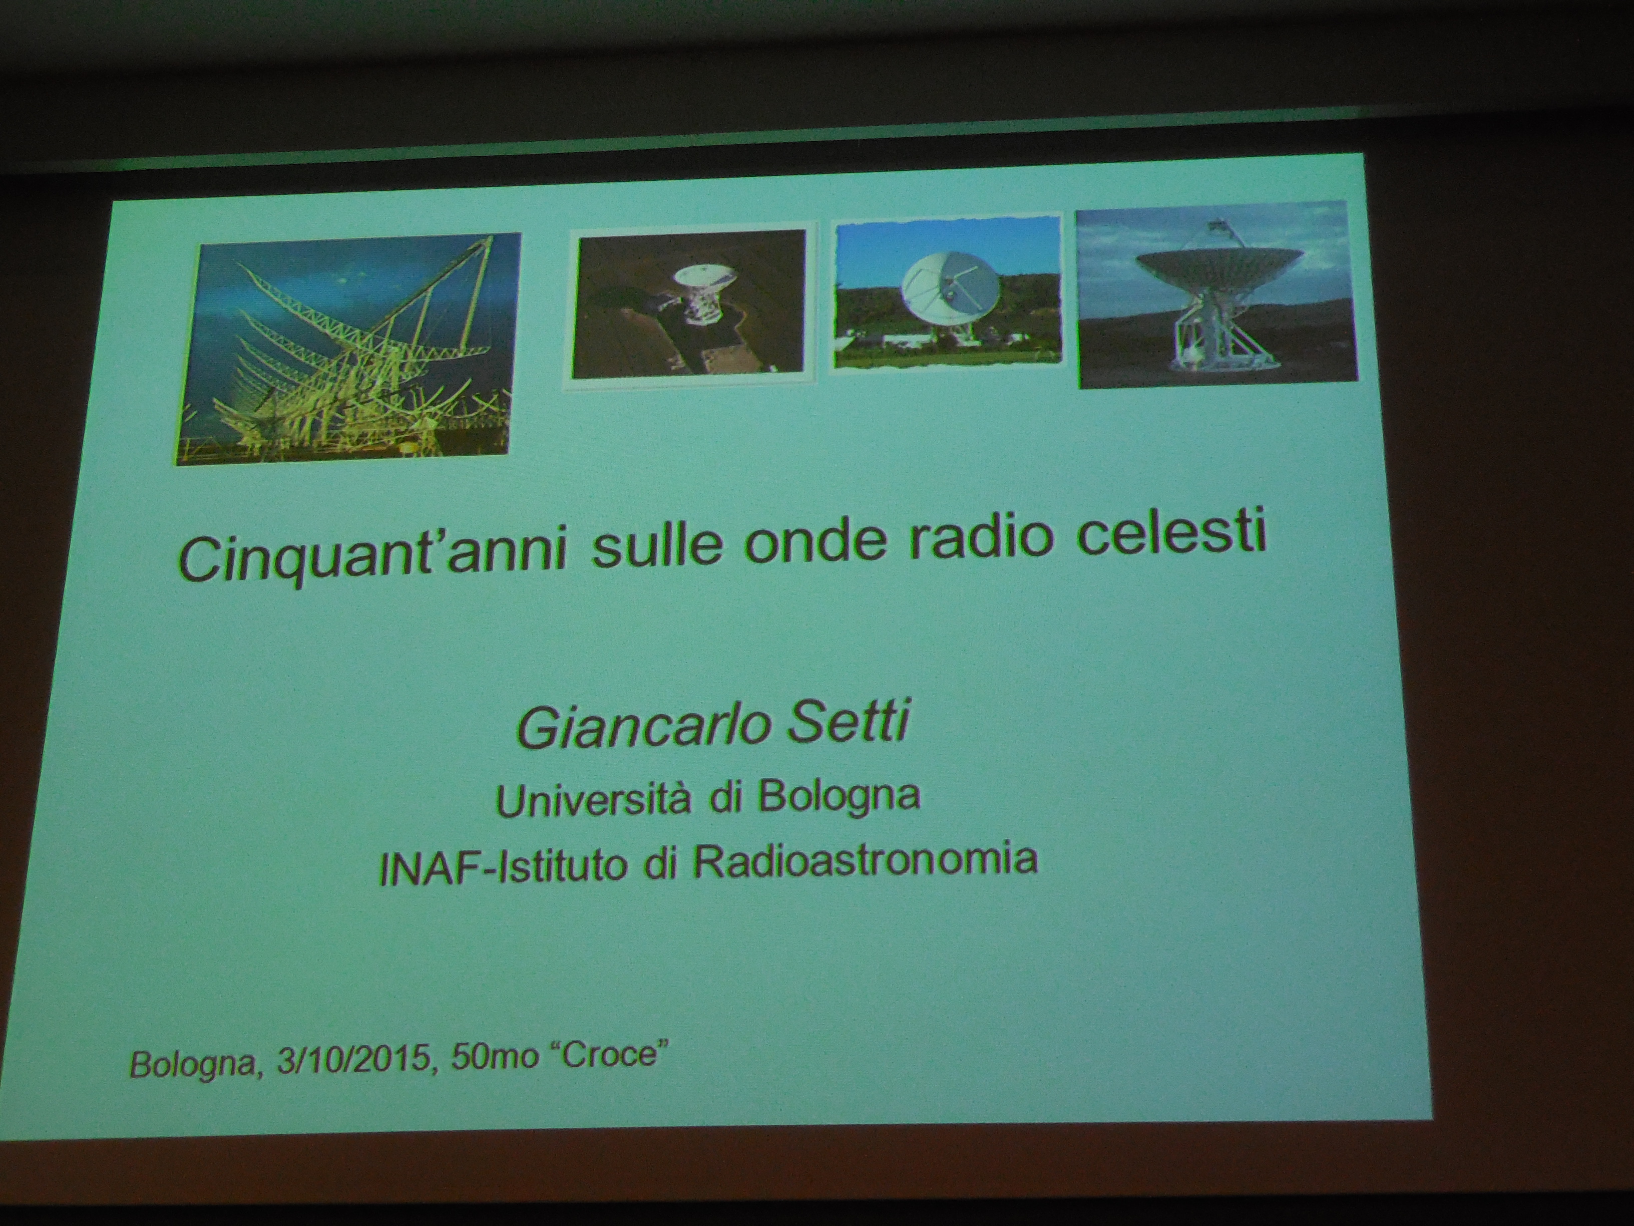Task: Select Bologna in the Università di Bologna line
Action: pyautogui.click(x=839, y=797)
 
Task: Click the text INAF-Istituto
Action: pyautogui.click(x=502, y=866)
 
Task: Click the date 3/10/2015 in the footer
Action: pyautogui.click(x=354, y=1060)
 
